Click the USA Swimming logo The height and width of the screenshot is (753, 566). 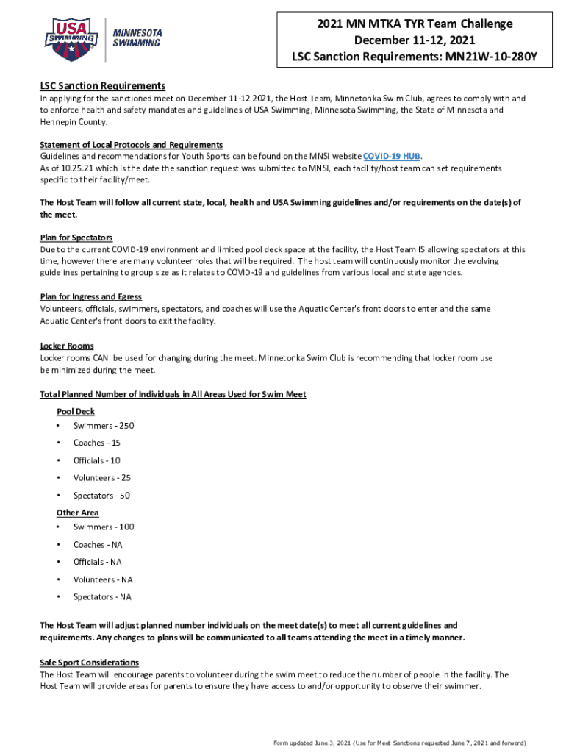point(72,35)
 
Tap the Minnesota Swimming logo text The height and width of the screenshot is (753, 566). point(136,37)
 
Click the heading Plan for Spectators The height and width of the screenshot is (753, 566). point(76,238)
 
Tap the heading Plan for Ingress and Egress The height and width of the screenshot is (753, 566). point(90,297)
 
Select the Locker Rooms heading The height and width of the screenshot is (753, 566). point(66,346)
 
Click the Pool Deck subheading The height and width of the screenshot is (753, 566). point(75,412)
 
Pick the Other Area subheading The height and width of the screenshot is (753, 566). point(77,513)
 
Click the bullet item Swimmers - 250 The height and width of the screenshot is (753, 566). point(104,426)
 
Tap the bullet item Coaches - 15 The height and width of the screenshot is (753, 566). point(97,443)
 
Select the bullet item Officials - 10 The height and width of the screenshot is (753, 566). point(97,460)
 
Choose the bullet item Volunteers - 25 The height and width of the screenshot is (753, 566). point(102,478)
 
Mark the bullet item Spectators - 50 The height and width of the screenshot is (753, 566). point(101,496)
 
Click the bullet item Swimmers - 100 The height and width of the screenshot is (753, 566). point(104,527)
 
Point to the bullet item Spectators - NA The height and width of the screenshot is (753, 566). point(102,597)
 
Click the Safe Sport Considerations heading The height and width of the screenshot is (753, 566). point(89,663)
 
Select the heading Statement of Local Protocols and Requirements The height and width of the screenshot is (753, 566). point(131,145)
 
